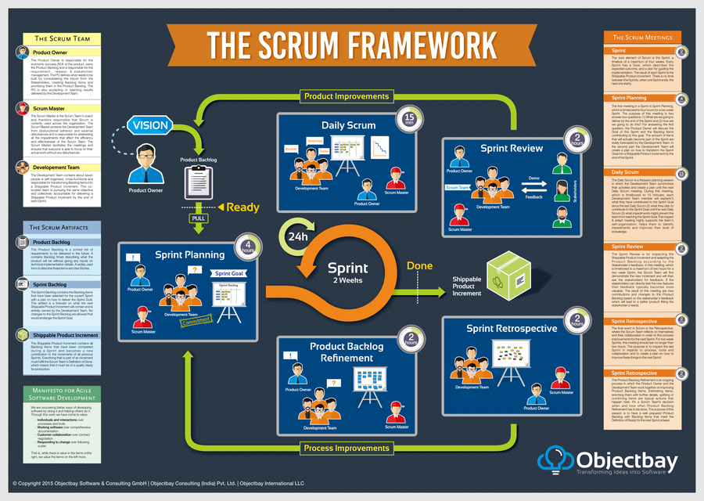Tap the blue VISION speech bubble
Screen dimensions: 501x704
coord(150,126)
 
